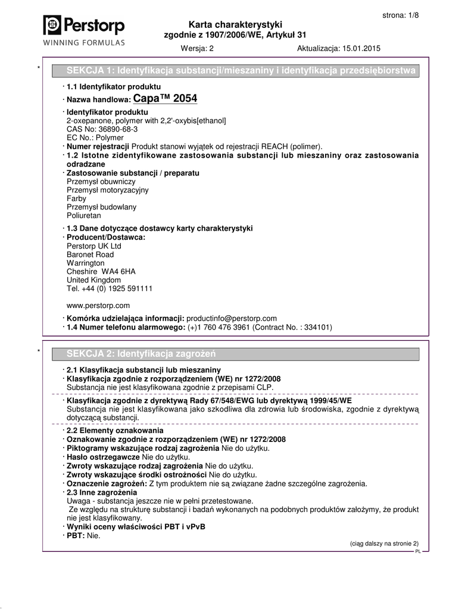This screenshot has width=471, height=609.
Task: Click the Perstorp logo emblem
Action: click(52, 25)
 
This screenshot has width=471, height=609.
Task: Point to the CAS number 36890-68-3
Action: click(112, 129)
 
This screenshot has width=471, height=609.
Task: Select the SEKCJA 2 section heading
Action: click(141, 354)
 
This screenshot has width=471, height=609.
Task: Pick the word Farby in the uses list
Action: click(76, 199)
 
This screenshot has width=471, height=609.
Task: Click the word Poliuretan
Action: click(84, 215)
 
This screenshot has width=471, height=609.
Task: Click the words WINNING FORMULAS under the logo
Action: click(83, 42)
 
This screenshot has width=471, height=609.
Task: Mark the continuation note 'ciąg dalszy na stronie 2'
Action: click(383, 543)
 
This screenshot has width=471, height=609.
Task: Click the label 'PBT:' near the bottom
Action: click(76, 536)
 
